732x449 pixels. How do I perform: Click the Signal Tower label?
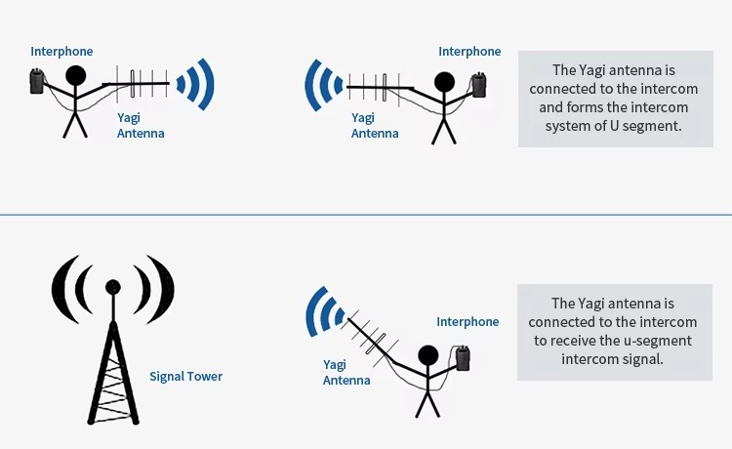pyautogui.click(x=185, y=376)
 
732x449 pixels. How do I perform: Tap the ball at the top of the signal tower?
pyautogui.click(x=113, y=287)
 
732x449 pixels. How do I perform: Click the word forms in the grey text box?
pyautogui.click(x=581, y=107)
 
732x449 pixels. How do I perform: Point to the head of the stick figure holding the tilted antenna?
pyautogui.click(x=428, y=355)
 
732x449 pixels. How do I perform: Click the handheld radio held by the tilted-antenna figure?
pyautogui.click(x=463, y=358)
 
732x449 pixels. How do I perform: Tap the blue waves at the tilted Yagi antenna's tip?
pyautogui.click(x=324, y=311)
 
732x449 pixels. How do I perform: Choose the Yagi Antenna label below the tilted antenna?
pyautogui.click(x=346, y=373)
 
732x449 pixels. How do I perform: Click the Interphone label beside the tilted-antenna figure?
pyautogui.click(x=468, y=321)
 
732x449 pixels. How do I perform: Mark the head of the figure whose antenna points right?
pyautogui.click(x=75, y=75)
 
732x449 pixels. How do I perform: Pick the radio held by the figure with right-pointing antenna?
pyautogui.click(x=36, y=81)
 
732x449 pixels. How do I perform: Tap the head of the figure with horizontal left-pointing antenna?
pyautogui.click(x=444, y=82)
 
